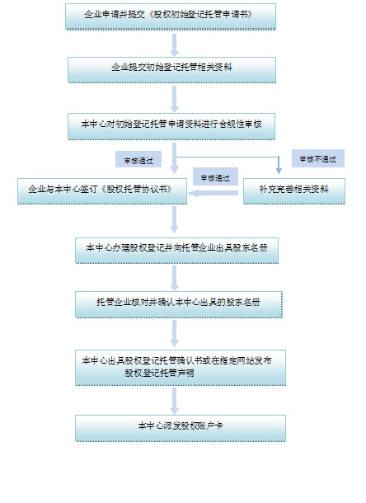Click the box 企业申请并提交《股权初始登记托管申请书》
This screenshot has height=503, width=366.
(171, 16)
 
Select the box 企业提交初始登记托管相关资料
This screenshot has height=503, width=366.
(171, 70)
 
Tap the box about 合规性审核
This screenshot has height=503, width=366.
(171, 126)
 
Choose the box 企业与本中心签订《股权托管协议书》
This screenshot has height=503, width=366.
(102, 191)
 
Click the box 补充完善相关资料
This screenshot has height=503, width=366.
(294, 191)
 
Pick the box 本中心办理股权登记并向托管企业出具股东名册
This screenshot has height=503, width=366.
(176, 251)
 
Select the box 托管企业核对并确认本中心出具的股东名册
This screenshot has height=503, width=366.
(179, 304)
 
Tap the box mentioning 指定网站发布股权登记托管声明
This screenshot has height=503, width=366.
(181, 367)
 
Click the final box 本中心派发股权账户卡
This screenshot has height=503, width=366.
(181, 428)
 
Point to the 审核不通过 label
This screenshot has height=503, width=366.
(318, 158)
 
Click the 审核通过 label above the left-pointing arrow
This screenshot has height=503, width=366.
(215, 176)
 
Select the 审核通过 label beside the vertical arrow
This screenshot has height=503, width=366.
(138, 159)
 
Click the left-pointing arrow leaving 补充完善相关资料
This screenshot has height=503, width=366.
(213, 193)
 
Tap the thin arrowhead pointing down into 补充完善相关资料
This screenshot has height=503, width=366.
(279, 169)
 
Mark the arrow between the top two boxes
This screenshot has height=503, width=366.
(175, 45)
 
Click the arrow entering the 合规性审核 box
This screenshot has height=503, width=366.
(175, 99)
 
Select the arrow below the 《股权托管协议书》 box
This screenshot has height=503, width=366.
(174, 219)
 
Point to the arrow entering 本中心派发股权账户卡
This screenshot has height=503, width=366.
(175, 401)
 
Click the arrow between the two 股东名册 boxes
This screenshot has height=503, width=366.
(175, 278)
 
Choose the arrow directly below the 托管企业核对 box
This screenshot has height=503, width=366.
(175, 333)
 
